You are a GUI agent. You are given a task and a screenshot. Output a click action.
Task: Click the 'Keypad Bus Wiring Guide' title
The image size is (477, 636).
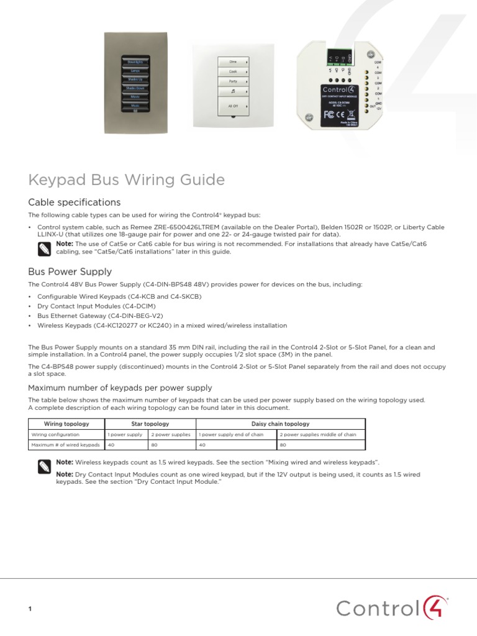[127, 180]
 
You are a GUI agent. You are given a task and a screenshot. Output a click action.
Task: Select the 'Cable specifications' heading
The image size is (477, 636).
[75, 202]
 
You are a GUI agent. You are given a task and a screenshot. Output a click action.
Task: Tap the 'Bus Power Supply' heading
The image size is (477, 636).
[70, 271]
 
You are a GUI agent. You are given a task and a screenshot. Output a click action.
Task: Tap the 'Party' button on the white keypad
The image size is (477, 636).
[234, 81]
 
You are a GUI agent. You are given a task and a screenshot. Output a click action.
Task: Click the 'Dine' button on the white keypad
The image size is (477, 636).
[234, 62]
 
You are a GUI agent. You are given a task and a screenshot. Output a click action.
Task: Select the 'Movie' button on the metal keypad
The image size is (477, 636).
[135, 97]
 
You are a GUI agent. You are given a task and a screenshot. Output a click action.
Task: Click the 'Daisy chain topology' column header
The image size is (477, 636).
[280, 424]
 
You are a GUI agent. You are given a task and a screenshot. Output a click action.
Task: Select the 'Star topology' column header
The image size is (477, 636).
[150, 424]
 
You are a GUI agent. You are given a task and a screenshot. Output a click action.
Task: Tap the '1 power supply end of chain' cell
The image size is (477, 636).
[236, 435]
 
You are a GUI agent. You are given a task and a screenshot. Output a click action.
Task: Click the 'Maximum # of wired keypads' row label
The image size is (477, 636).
[66, 445]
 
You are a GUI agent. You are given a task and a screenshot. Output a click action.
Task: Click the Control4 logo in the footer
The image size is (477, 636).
[392, 607]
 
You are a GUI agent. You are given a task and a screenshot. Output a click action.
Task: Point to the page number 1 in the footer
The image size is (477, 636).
[30, 609]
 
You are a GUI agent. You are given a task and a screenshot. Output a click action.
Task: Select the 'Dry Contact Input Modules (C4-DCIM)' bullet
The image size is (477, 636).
[96, 306]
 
